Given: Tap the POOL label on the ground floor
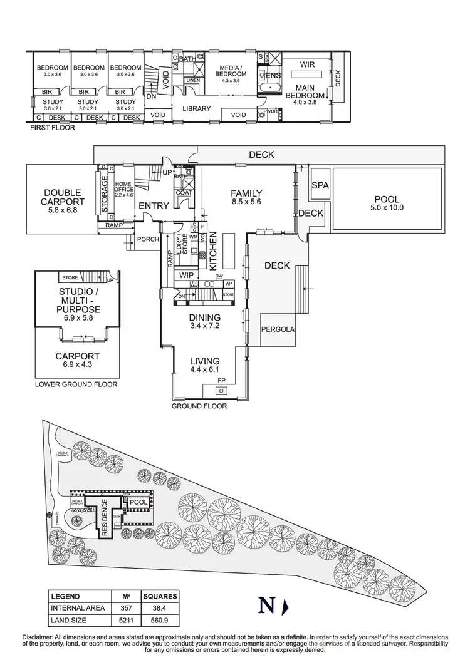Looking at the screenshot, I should point(386,200).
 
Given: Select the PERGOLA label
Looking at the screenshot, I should point(277,329).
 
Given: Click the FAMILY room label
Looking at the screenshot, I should point(246,193).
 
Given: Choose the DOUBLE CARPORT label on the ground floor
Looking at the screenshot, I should point(63,197).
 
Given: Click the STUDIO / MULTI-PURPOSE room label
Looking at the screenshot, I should point(79,301).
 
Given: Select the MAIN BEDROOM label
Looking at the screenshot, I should point(305,91).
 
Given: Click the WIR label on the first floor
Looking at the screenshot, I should point(307,64).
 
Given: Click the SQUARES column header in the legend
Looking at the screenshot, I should point(160,596).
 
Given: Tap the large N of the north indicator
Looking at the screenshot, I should point(266,606).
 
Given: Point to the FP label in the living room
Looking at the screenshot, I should point(221,379).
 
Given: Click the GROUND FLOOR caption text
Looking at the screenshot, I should point(199,406).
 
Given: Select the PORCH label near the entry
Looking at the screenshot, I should point(148,239).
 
